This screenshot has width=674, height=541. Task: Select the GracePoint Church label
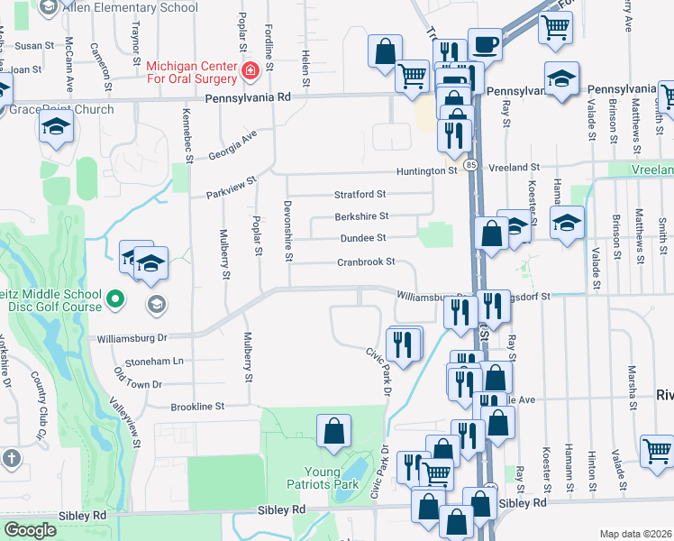coord(63,110)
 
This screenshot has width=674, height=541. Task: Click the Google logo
coord(30,530)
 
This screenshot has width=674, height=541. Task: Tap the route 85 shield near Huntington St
coord(471,165)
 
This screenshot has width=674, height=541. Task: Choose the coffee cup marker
coord(485,44)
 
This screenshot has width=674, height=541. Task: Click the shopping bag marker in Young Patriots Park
coord(334,431)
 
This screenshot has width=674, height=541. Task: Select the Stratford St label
coord(360,194)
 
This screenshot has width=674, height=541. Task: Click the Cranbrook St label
coord(367,261)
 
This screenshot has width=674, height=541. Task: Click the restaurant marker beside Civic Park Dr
coord(404,343)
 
